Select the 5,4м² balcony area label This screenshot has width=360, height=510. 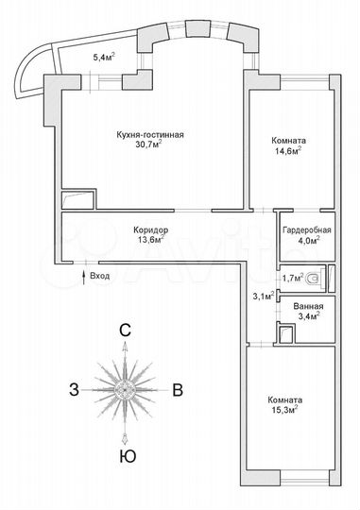pos(104,58)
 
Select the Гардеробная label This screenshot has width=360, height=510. pos(306,230)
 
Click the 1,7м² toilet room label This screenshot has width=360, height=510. pos(293,279)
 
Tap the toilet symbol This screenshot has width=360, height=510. pos(320,279)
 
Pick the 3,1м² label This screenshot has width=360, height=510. pos(264,297)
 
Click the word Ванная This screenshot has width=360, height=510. pos(309,307)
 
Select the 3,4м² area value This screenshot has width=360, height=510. pos(309,317)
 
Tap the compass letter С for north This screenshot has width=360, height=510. pos(124,330)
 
